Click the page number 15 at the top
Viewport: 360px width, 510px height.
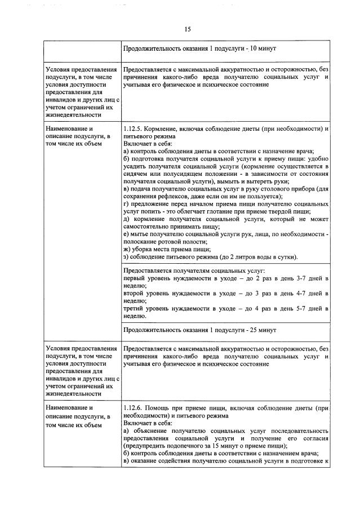point(188,28)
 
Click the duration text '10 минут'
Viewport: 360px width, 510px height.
point(260,49)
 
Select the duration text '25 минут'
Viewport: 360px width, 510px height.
point(260,330)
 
